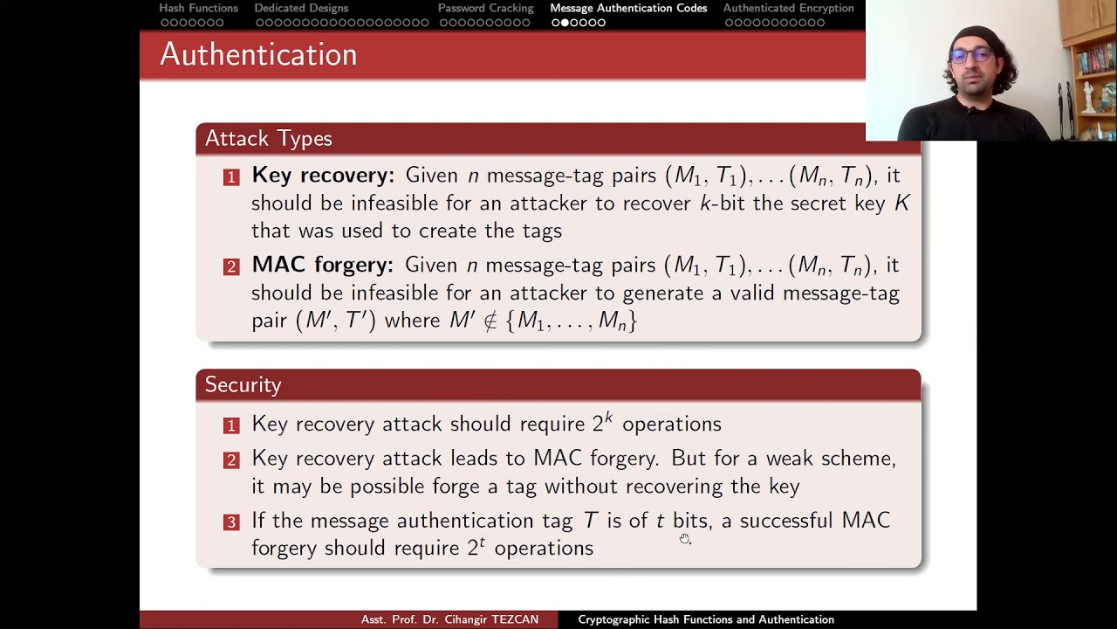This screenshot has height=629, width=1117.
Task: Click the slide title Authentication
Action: [258, 54]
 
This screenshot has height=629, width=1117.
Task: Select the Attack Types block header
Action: [268, 139]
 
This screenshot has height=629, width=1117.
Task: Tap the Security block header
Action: [243, 385]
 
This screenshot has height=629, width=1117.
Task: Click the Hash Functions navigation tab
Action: [198, 8]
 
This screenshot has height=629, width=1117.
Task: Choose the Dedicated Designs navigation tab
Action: [301, 8]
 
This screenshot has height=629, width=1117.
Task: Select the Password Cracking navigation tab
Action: [485, 8]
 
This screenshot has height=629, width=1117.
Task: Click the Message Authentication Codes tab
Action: [628, 8]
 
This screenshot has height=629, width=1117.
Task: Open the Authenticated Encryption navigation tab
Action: [788, 8]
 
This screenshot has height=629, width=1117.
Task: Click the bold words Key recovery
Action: [323, 176]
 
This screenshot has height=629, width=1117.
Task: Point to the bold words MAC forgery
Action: [322, 265]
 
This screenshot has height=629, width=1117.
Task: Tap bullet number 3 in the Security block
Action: [231, 522]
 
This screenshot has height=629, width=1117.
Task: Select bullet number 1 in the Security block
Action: [231, 425]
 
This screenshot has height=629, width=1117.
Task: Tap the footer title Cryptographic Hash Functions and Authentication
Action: [706, 619]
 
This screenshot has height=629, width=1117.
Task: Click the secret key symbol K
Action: [901, 204]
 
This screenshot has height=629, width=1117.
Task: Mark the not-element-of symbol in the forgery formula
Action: [490, 321]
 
